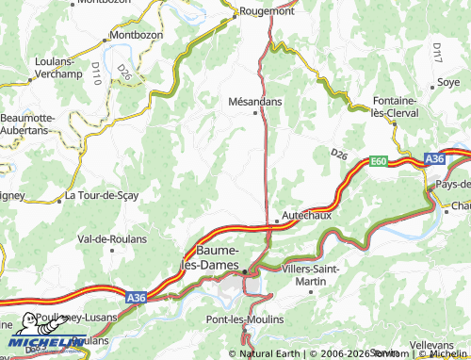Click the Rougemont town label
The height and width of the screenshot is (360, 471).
tap(268, 12)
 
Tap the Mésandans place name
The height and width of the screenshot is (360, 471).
tap(254, 99)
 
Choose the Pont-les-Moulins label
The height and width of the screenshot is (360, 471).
tap(244, 320)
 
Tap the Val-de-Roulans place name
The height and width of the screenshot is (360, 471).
tap(111, 239)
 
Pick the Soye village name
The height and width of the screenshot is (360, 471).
tap(448, 83)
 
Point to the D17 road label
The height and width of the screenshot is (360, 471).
tap(436, 53)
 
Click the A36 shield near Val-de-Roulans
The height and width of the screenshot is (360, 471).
tap(137, 297)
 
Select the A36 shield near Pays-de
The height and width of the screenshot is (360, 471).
tap(434, 160)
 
